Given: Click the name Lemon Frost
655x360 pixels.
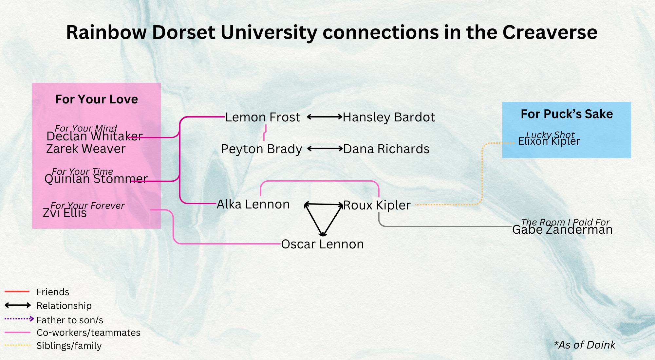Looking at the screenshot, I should (263, 117).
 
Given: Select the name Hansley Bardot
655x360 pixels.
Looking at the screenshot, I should (389, 117).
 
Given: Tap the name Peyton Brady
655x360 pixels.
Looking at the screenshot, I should (261, 149).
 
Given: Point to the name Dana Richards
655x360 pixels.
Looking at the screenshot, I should (386, 149).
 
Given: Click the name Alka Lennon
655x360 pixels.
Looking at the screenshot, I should (253, 204).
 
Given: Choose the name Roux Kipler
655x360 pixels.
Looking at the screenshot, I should (377, 205).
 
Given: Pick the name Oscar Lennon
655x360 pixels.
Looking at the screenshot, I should (322, 244).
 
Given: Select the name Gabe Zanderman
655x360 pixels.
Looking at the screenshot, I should (562, 230).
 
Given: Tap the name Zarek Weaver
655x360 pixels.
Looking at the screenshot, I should (86, 149).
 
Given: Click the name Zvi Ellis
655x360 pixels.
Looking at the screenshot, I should (65, 213).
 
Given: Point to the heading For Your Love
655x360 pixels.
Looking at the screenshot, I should (97, 99).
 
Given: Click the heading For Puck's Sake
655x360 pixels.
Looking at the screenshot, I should (567, 114).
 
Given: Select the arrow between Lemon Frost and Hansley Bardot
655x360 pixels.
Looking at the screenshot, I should (325, 117).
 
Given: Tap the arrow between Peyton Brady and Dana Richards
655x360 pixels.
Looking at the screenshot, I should (325, 149).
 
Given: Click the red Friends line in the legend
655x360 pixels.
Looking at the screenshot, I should (17, 291).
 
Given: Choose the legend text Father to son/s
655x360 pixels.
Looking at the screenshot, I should (70, 320).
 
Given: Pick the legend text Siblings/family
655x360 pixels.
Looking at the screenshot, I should (69, 346).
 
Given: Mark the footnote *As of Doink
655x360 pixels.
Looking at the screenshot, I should (584, 345).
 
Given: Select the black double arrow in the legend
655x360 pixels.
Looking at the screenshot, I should (18, 305).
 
